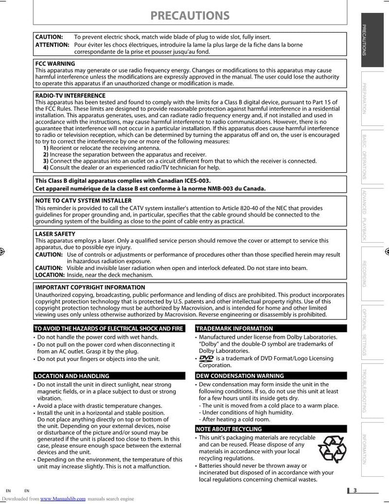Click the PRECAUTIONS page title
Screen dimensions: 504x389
point(190,16)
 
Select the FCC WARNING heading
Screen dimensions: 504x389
point(55,64)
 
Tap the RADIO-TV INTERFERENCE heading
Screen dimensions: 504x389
point(70,96)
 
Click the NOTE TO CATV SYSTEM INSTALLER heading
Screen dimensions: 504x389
point(83,200)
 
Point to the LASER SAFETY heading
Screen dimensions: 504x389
point(55,234)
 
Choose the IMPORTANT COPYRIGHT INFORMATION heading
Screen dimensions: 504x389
point(90,288)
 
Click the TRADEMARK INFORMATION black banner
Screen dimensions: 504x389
point(234,329)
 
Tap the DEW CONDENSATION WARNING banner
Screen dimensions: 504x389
point(240,376)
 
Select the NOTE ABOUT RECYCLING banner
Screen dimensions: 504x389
point(229,429)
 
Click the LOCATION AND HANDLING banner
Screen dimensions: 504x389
point(71,376)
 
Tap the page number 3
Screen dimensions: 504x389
point(355,490)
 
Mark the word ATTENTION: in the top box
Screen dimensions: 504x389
point(52,45)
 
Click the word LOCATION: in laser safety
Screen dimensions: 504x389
point(50,275)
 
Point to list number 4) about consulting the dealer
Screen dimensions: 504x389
point(46,168)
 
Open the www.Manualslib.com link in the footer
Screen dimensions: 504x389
point(63,499)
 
